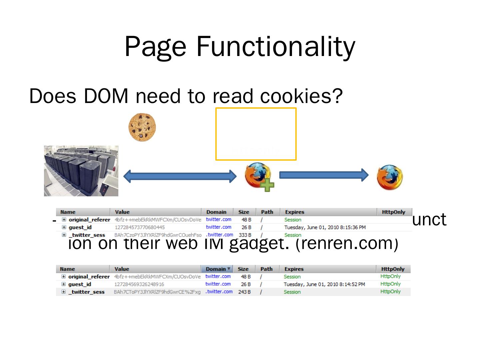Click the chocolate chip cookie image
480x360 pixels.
(142, 127)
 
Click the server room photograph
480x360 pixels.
(81, 171)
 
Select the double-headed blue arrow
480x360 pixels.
(180, 176)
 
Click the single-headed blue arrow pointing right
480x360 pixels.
(323, 175)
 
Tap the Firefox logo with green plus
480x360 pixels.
(257, 175)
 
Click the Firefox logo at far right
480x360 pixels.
(389, 177)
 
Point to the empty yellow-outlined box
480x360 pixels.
(256, 133)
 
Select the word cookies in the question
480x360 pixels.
(301, 96)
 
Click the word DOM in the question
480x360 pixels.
(106, 96)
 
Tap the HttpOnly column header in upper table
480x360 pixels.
(393, 212)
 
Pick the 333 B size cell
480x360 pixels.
(245, 235)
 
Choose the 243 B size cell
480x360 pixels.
(245, 292)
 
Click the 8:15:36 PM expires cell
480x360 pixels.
(325, 227)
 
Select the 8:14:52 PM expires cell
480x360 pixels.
(324, 284)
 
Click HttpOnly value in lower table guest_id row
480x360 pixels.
(390, 284)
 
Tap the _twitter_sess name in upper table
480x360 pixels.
(87, 235)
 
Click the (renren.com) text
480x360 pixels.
(347, 243)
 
